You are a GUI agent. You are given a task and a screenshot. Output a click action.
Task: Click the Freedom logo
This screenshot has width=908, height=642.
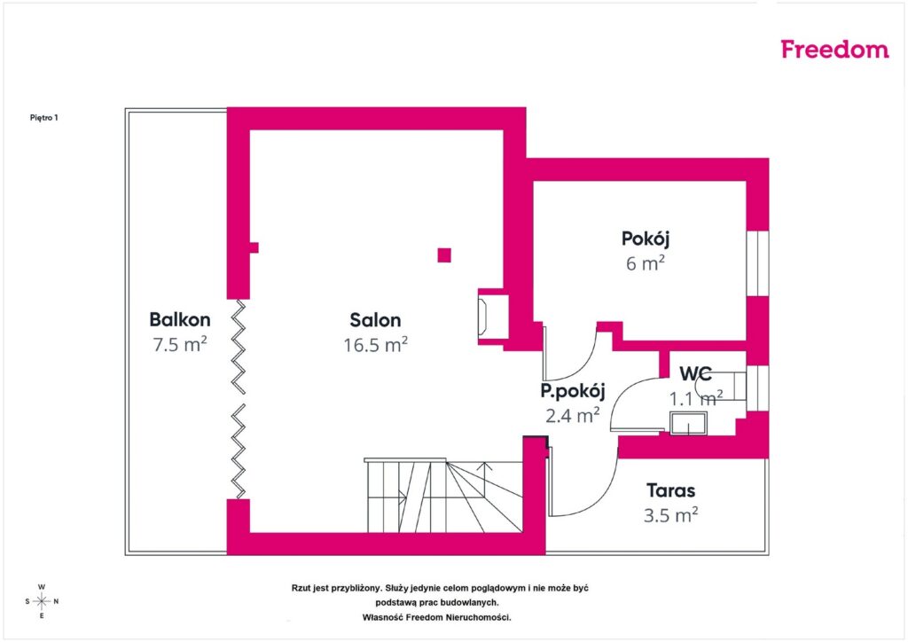click(x=834, y=49)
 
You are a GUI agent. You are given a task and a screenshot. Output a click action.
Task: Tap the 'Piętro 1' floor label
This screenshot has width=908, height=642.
click(x=44, y=118)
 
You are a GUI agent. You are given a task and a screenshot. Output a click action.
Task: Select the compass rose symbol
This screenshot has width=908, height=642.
click(x=42, y=601)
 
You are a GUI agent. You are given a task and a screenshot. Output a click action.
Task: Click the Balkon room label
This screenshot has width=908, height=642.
click(x=179, y=319)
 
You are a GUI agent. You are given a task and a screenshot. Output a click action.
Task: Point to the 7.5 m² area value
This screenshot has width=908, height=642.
click(x=179, y=344)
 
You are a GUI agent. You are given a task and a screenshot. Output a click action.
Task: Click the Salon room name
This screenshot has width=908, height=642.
click(x=375, y=320)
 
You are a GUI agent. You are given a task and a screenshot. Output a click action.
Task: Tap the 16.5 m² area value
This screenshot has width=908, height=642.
click(x=375, y=345)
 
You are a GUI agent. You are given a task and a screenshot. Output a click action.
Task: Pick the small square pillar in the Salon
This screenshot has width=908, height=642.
click(x=444, y=255)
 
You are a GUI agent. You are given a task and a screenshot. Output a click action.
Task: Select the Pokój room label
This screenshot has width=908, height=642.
click(x=646, y=239)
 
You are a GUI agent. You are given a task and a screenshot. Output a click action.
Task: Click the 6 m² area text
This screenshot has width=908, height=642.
click(x=646, y=263)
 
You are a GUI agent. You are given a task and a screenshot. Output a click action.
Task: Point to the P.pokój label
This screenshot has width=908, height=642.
click(x=573, y=391)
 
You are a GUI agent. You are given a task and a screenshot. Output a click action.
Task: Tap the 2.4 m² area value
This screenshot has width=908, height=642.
click(x=573, y=415)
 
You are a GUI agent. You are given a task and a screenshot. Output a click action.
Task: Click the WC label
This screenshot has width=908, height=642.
click(x=695, y=374)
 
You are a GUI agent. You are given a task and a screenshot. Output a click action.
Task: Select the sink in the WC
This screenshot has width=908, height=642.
click(x=688, y=423)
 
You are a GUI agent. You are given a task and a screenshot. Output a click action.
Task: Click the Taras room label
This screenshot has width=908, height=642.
click(x=670, y=491)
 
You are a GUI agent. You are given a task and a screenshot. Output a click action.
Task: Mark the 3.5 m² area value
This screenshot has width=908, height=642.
click(x=670, y=515)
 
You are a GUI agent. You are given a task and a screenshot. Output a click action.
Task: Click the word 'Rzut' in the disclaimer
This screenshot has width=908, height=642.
click(x=301, y=588)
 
